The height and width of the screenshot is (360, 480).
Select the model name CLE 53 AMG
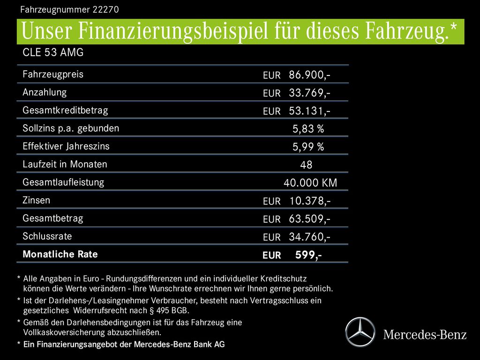53,52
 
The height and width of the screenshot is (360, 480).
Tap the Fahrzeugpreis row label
53,74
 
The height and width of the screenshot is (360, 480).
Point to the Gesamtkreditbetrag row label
65,110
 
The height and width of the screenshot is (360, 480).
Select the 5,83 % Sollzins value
308,129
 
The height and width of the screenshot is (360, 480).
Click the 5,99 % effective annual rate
308,147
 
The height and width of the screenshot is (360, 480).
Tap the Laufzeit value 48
306,165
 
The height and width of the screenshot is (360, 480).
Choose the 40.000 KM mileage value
310,183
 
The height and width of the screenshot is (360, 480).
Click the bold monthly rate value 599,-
308,255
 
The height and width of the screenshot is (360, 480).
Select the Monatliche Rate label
60,255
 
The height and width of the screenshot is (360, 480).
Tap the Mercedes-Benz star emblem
360,332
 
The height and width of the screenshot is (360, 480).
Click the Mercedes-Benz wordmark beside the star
425,334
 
